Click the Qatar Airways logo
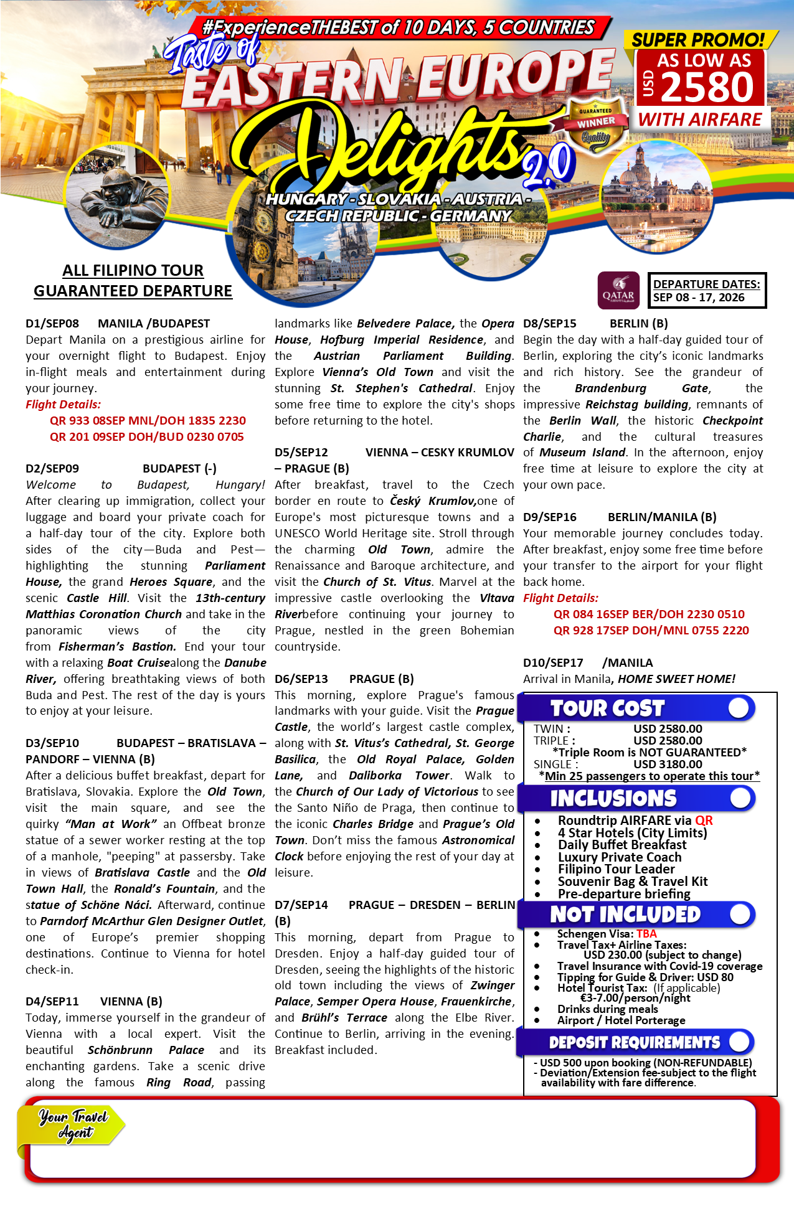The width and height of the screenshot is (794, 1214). pos(618,290)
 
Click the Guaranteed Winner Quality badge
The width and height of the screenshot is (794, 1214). pos(595,124)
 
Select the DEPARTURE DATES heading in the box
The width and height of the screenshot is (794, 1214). pos(706,284)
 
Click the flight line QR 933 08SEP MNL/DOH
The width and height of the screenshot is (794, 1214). pos(148,421)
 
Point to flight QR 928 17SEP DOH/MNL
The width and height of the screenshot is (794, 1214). pos(651,631)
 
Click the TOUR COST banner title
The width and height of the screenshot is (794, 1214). pos(607,708)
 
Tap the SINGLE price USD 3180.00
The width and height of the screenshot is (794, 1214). pos(668,764)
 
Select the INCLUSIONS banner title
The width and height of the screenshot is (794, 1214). pos(613,798)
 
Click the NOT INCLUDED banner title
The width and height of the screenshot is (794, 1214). pos(625,914)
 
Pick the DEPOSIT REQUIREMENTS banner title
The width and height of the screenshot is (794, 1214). pos(634,1042)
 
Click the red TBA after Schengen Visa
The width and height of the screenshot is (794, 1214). pos(646,934)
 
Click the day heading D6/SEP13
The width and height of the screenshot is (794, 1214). pos(301,679)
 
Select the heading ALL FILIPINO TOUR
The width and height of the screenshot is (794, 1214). pos(133,270)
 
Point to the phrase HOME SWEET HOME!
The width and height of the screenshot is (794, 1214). pos(676,679)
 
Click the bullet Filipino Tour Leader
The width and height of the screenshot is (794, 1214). pos(616,869)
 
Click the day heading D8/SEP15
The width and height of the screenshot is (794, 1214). pos(549,324)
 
